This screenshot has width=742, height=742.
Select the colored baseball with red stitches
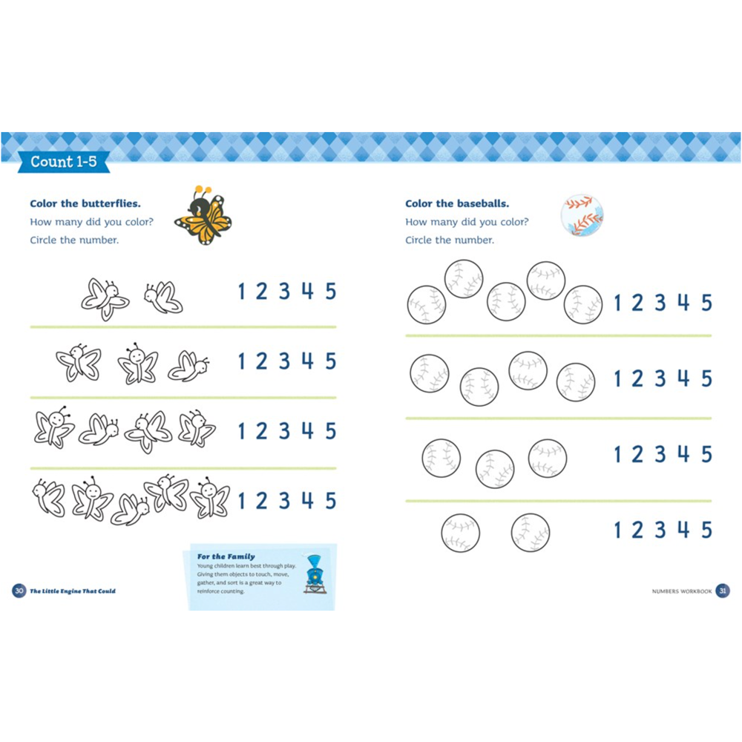pos(582,216)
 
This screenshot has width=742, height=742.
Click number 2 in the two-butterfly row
pos(261,292)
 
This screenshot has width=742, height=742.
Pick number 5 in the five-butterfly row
pos(330,500)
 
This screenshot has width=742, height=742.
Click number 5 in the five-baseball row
pos(706,303)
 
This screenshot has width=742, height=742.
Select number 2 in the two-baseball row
pos(637,530)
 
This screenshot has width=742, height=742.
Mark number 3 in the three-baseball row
pos(660,454)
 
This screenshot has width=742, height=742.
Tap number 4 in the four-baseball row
pos(683,378)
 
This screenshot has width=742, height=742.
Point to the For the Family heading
pos(226,556)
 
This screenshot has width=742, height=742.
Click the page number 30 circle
pos(19,591)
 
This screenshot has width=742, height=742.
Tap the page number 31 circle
pos(723,591)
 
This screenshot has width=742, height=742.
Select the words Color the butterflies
pos(85,203)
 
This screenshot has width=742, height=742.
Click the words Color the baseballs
pos(457,203)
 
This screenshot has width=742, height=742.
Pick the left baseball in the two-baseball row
pos(460,533)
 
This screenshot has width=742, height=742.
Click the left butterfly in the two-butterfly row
pos(104,299)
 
